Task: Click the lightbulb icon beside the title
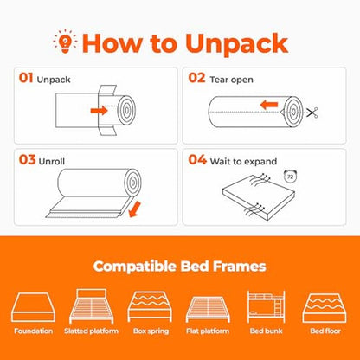[65, 42]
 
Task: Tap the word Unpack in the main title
[237, 44]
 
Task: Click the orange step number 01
[26, 78]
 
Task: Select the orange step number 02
[196, 78]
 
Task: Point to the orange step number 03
[27, 160]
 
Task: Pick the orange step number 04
[197, 160]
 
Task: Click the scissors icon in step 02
[312, 112]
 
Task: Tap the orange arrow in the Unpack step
[99, 111]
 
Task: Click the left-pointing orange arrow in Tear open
[269, 105]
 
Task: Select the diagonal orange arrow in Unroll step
[134, 209]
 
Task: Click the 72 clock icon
[290, 177]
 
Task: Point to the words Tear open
[231, 80]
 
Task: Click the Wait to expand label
[243, 162]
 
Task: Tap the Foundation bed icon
[33, 307]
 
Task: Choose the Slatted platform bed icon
[92, 306]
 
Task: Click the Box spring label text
[151, 331]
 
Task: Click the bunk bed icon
[267, 306]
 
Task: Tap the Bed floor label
[325, 331]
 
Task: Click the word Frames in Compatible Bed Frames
[239, 267]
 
